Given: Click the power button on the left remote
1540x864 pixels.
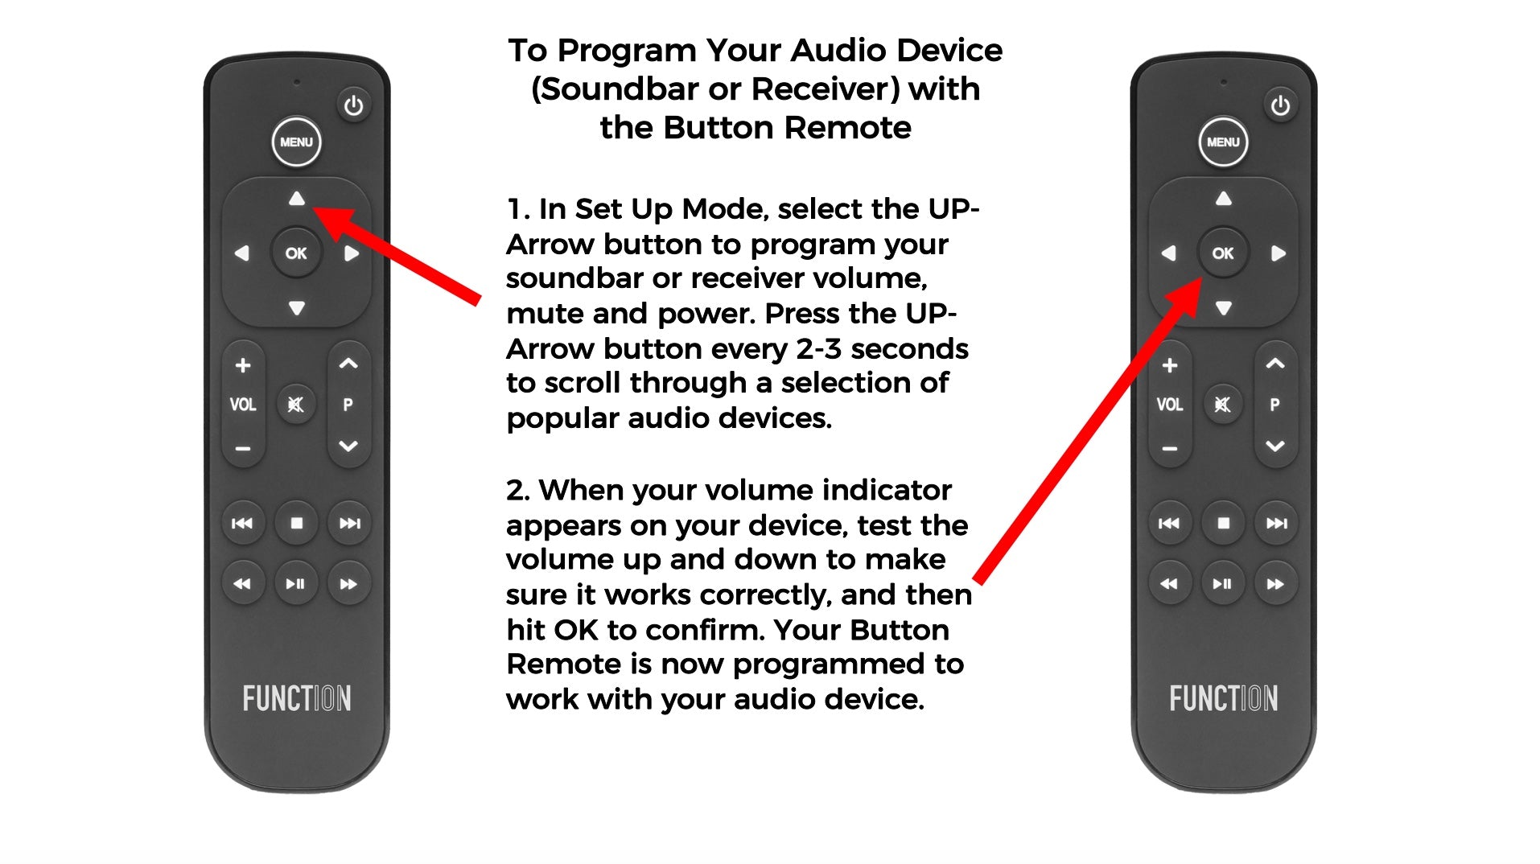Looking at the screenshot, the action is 353,105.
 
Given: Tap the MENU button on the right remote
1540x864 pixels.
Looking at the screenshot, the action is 1223,142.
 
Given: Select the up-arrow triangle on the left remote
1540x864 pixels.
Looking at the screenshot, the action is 297,198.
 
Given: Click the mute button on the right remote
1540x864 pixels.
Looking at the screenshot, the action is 1222,404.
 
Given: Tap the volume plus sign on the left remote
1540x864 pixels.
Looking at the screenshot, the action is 243,365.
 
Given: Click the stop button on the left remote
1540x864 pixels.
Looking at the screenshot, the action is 297,523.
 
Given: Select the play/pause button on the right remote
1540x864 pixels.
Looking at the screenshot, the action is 1222,583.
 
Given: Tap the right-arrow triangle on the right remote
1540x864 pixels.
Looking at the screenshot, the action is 1278,253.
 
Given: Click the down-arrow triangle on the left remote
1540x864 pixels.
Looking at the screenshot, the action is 297,308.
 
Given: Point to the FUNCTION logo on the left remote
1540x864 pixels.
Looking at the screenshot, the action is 297,698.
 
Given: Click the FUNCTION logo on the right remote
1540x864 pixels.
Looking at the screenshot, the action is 1223,698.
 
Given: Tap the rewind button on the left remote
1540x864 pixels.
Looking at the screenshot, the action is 242,583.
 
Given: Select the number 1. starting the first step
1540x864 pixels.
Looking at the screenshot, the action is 518,209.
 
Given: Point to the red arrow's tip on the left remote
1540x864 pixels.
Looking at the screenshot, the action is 313,208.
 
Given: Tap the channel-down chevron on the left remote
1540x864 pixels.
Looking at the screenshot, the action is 348,446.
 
